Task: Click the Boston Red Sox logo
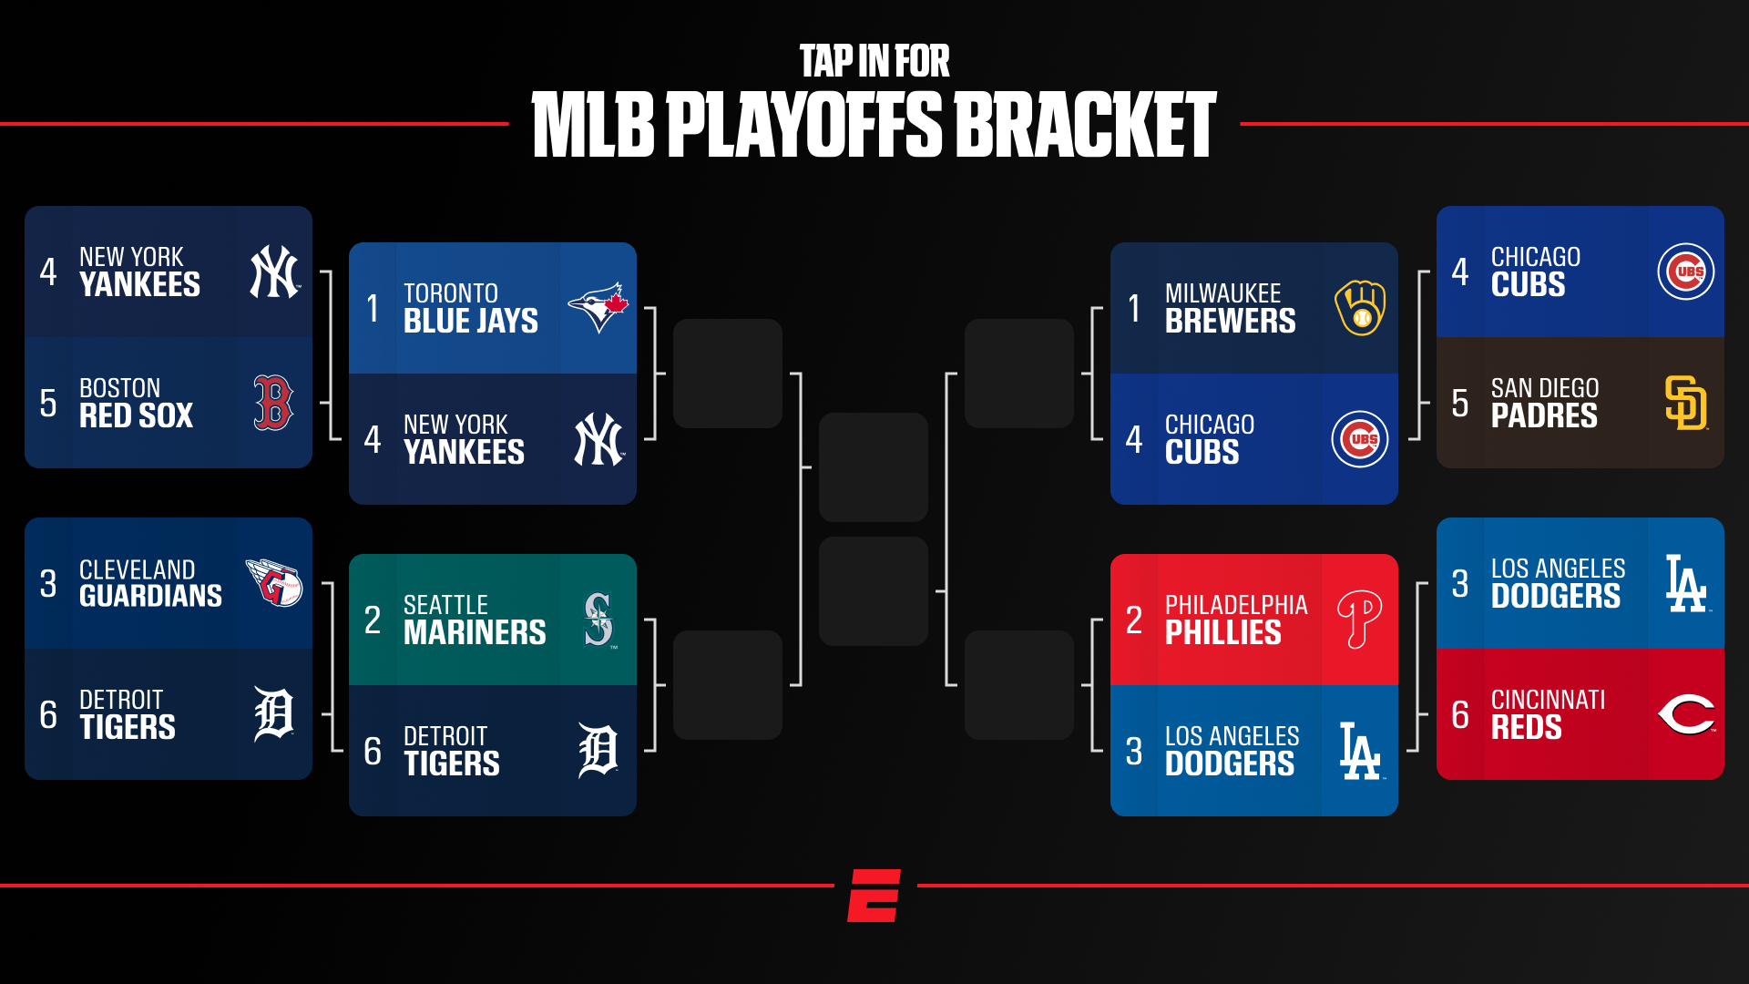point(273,403)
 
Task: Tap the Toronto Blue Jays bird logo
point(598,308)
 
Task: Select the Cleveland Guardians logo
point(274,583)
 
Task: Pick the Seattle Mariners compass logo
point(598,620)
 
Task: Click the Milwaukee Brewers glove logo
point(1360,308)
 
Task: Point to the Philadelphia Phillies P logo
point(1359,620)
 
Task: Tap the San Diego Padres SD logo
point(1686,403)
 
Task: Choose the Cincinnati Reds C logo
point(1686,714)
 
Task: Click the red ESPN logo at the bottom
point(874,895)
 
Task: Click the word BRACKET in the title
point(1085,125)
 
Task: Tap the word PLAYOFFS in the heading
point(804,125)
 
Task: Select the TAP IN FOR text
point(874,62)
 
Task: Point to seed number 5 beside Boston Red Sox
point(48,404)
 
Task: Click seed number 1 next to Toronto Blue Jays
point(373,309)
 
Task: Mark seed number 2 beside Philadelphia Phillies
point(1134,620)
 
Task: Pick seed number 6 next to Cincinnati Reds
point(1460,715)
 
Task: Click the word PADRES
point(1544,416)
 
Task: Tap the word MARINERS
point(475,633)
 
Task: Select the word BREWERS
point(1230,322)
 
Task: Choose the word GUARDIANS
point(150,597)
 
